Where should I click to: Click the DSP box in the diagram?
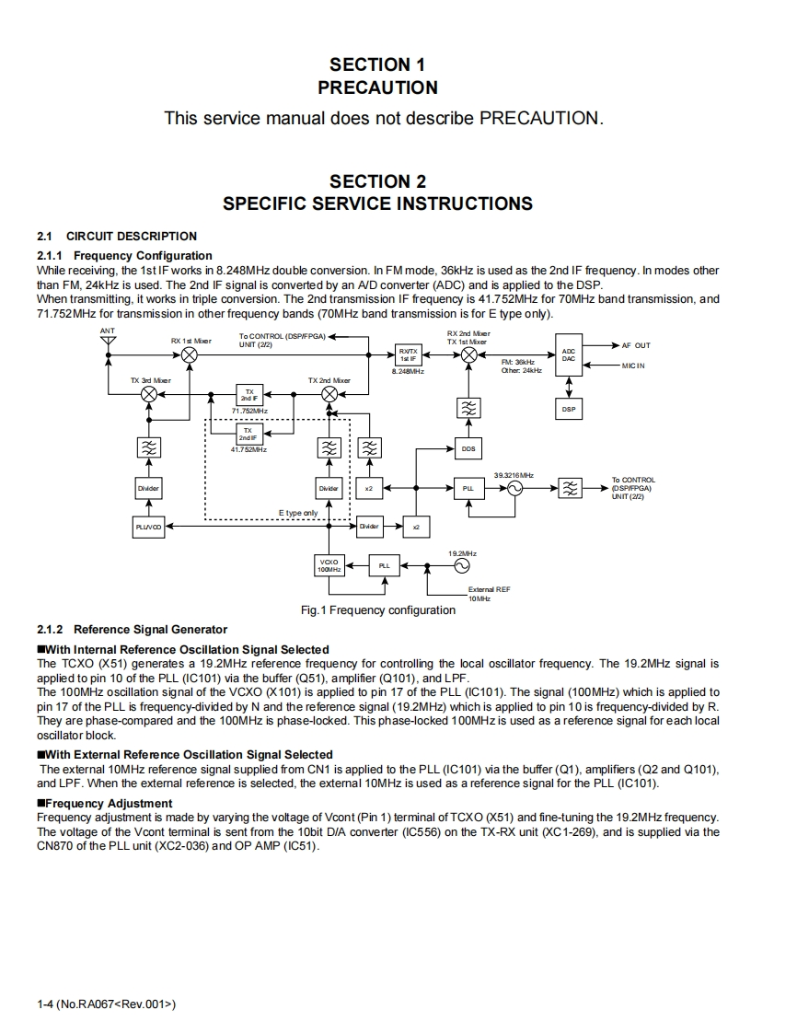[x=569, y=409]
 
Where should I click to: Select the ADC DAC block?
[x=569, y=354]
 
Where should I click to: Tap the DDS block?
[x=468, y=448]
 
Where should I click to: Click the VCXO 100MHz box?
[x=329, y=565]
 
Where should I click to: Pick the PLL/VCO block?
[x=147, y=526]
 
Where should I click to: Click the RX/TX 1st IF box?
[x=408, y=354]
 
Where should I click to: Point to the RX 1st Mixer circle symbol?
[x=190, y=354]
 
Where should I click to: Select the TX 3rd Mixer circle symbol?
[x=148, y=393]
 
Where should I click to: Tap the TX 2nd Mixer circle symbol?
[x=329, y=393]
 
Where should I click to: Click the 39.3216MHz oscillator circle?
[x=514, y=488]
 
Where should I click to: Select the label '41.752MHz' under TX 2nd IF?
[x=248, y=449]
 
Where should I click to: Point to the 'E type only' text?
[x=297, y=513]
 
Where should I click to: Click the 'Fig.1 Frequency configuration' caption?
[x=378, y=609]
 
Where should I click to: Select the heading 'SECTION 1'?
[x=377, y=64]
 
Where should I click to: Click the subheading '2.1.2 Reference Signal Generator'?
[x=132, y=630]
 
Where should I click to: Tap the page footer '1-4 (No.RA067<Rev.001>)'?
[x=106, y=1004]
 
